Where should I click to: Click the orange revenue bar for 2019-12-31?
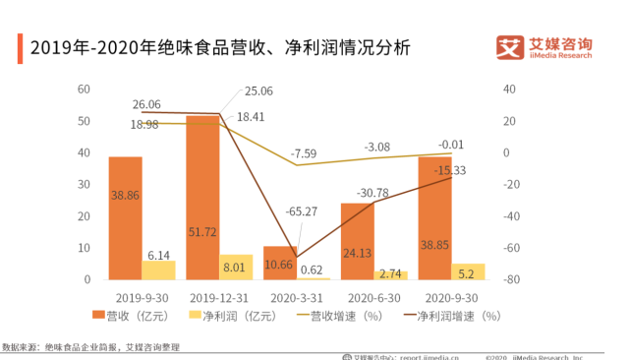point(202,198)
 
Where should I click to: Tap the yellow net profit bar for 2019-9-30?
point(158,270)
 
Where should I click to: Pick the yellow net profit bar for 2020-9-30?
point(468,271)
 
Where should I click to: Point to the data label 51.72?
point(202,231)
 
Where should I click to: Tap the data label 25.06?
point(259,91)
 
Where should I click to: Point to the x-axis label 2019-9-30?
point(144,295)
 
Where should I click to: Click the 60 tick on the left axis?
point(85,90)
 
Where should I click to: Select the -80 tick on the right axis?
point(511,280)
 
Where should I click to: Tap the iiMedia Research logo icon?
point(511,48)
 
